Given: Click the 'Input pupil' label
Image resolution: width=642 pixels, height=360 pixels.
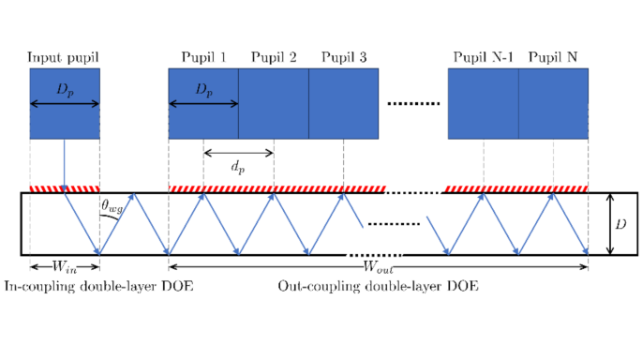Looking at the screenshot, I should click(x=64, y=57).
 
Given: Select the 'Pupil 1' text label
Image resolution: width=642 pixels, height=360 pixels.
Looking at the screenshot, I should click(x=203, y=57).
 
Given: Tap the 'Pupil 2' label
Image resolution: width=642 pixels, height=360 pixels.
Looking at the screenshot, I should click(x=274, y=57).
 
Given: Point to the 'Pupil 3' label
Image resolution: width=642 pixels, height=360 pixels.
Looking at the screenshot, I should click(x=344, y=57).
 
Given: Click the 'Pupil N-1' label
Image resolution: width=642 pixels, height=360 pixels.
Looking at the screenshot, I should click(x=483, y=57).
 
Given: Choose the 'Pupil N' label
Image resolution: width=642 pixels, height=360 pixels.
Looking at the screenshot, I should click(x=554, y=57).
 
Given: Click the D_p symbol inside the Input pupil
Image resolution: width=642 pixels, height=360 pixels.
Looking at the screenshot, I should click(x=65, y=91).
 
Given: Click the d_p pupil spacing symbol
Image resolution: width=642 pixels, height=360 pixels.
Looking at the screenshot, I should click(x=238, y=166).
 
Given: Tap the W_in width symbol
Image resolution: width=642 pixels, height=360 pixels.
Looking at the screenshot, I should click(x=65, y=267).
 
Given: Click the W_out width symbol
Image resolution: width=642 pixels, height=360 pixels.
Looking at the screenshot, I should click(x=379, y=267).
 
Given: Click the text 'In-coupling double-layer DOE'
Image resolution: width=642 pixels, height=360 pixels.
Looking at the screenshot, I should click(x=98, y=286).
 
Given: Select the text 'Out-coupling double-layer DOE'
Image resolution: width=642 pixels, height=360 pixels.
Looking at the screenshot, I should click(x=379, y=286).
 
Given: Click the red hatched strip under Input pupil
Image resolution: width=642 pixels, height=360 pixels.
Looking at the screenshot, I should click(x=65, y=188).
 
